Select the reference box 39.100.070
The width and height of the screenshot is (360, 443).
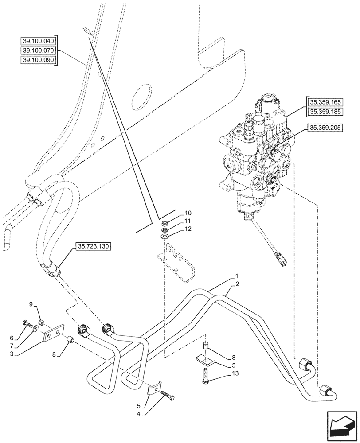coord(39,51)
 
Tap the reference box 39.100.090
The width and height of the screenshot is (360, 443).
coord(39,60)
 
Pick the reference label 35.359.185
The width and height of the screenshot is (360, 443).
coord(324,112)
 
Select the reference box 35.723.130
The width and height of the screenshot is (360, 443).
coord(94,246)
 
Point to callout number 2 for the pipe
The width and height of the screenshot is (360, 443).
coord(238,284)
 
